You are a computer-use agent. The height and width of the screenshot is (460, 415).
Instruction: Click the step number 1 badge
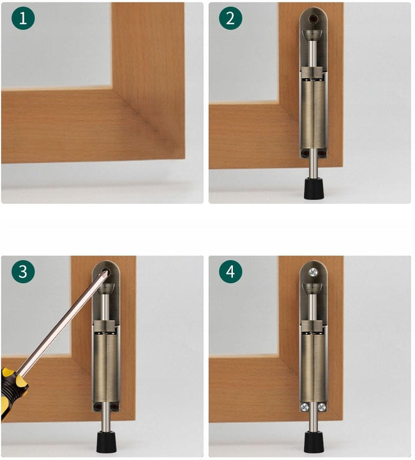pos(23,18)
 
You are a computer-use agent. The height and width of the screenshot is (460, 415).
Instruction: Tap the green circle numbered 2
pos(230,18)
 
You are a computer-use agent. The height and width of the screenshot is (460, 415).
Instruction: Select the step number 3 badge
pos(23,272)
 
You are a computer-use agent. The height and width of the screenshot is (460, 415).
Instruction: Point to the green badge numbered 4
pos(230,272)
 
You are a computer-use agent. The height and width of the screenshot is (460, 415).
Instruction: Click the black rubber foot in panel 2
pos(313,188)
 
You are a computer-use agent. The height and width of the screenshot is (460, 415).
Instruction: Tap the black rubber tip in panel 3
pos(106,441)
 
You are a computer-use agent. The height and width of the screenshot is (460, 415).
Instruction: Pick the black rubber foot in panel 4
pos(313,441)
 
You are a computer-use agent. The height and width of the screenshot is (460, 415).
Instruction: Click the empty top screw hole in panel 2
pos(313,19)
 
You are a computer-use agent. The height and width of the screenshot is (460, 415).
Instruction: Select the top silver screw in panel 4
pos(313,273)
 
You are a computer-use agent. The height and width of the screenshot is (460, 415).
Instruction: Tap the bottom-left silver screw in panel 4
pos(305,406)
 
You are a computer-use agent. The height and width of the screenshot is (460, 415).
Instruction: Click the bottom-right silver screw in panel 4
pos(322,406)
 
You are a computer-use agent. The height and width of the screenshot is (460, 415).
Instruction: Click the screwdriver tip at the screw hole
pos(106,273)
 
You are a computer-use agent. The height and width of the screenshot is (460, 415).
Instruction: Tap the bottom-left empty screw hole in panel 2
pos(305,153)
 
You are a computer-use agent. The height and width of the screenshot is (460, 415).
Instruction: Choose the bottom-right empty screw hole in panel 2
pos(322,153)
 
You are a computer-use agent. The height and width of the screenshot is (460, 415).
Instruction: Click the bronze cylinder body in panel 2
pos(313,114)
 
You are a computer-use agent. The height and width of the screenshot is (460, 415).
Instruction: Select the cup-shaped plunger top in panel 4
pos(313,289)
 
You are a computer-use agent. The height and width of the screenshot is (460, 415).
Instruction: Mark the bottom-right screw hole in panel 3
pos(114,406)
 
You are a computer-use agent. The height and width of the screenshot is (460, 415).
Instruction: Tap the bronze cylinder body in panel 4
pos(313,367)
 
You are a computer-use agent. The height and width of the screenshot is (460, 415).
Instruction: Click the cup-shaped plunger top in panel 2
pos(313,35)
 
